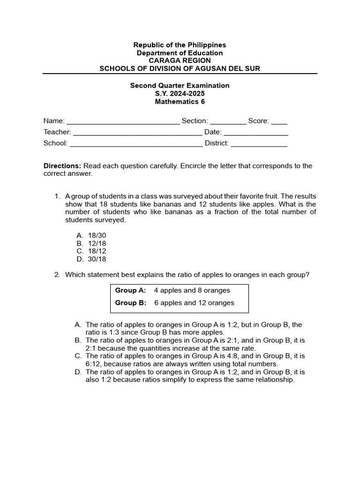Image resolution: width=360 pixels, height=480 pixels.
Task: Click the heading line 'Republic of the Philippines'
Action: click(x=180, y=45)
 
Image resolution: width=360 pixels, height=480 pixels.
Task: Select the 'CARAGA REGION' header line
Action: click(x=180, y=61)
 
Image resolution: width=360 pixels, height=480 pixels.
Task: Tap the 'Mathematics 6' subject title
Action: click(x=180, y=102)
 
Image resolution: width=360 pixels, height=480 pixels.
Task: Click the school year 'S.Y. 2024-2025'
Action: click(x=180, y=94)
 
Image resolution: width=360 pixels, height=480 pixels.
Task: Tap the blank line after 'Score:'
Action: click(x=279, y=121)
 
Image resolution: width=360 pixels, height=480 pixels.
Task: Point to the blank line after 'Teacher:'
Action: click(x=137, y=133)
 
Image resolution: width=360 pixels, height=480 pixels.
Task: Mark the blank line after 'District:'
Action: click(x=259, y=144)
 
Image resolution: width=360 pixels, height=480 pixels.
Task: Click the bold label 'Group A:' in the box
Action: click(x=131, y=291)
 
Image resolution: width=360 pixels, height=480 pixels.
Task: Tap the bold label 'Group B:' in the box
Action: click(x=131, y=303)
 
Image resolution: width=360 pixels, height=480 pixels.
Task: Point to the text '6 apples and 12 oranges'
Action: click(x=194, y=303)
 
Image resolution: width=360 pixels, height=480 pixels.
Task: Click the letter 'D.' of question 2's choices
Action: click(x=78, y=372)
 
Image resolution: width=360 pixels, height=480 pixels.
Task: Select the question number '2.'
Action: click(x=57, y=275)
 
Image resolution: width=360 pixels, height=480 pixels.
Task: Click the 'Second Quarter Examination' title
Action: click(x=180, y=86)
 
